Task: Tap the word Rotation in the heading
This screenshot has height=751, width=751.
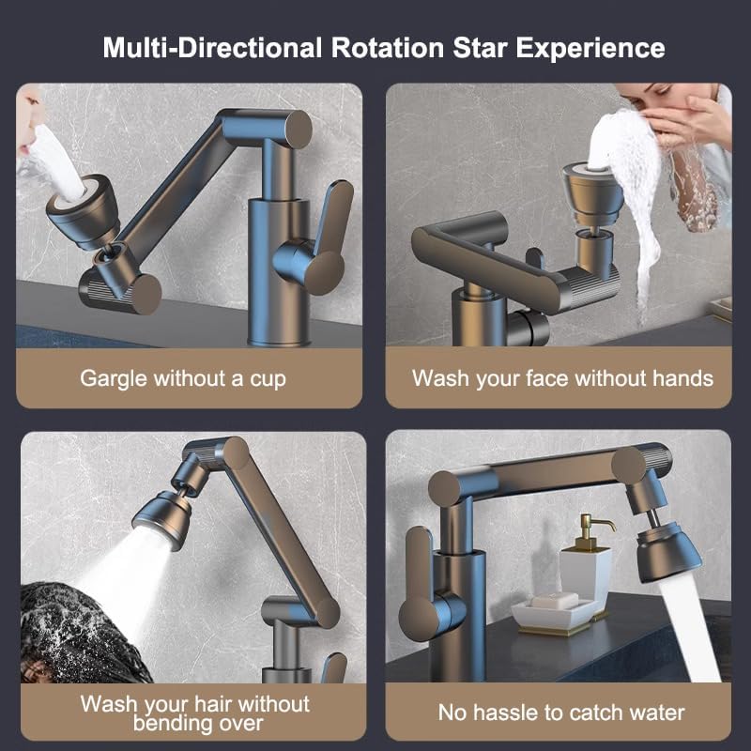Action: [388, 48]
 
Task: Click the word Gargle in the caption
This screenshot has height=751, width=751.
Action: [114, 379]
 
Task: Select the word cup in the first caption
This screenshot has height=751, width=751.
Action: [268, 380]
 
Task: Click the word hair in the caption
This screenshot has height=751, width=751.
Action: [215, 703]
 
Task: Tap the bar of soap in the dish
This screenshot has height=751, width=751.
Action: [555, 601]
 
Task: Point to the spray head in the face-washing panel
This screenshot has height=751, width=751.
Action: [592, 194]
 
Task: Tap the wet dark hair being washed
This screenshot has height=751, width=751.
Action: [77, 633]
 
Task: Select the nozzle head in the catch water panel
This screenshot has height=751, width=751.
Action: [668, 552]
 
